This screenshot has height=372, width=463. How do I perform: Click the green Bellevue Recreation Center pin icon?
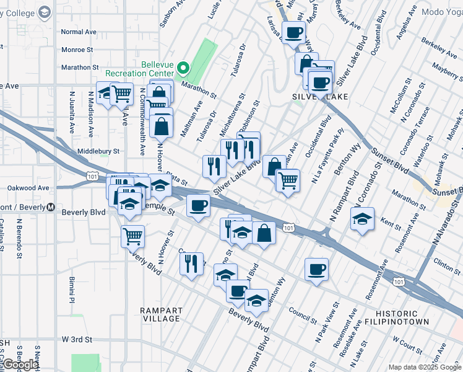coord(183,68)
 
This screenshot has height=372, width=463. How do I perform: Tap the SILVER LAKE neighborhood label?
coord(320,97)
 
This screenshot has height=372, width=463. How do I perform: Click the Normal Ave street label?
coord(79,32)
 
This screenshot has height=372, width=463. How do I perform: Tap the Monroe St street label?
coord(77,50)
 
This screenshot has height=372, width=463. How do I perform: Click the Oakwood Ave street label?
coord(28,188)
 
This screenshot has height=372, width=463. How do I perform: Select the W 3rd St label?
coord(77,340)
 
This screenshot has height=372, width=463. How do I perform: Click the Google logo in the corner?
coord(21,365)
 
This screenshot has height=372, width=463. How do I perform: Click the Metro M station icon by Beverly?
coord(51,207)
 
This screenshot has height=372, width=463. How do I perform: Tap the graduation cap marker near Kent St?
coord(362,219)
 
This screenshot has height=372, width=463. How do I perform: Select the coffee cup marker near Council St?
coord(316,269)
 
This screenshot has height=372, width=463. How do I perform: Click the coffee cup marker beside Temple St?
coord(198,205)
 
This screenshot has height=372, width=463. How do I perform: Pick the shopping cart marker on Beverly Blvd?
coord(132,236)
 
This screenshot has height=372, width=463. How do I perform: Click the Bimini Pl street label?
coord(72,290)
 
